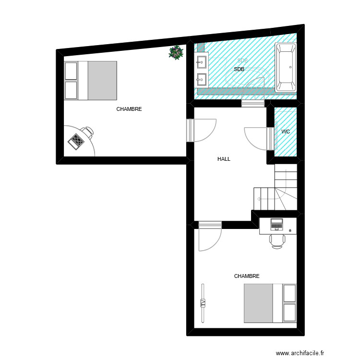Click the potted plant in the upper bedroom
pyautogui.click(x=177, y=52)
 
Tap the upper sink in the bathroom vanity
pyautogui.click(x=201, y=61)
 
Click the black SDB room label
pyautogui.click(x=239, y=70)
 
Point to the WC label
pyautogui.click(x=286, y=132)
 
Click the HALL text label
pyautogui.click(x=224, y=159)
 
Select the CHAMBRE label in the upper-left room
pyautogui.click(x=129, y=109)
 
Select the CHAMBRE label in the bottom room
pyautogui.click(x=247, y=276)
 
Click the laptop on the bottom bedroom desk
pyautogui.click(x=277, y=224)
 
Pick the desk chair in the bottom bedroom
pyautogui.click(x=277, y=240)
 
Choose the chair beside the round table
pyautogui.click(x=87, y=132)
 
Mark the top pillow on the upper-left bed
pyautogui.click(x=71, y=71)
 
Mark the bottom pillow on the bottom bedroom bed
pyautogui.click(x=290, y=312)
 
